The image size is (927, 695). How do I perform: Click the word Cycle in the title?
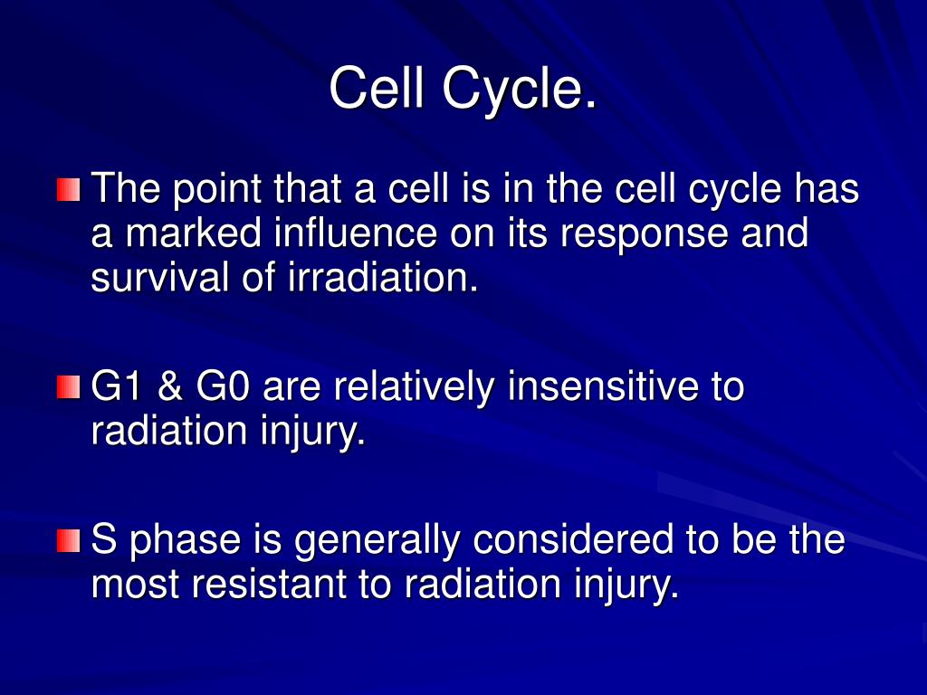pyautogui.click(x=519, y=90)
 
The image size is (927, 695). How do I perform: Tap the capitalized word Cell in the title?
pyautogui.click(x=377, y=87)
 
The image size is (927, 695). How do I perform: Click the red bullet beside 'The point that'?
pyautogui.click(x=69, y=190)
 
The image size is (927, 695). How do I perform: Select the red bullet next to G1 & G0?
pyautogui.click(x=69, y=387)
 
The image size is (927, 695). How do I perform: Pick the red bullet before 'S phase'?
pyautogui.click(x=69, y=541)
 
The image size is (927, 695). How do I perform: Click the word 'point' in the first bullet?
pyautogui.click(x=217, y=190)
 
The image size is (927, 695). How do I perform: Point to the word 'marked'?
pyautogui.click(x=194, y=233)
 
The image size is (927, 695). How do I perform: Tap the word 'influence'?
pyautogui.click(x=355, y=233)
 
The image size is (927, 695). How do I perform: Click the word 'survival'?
pyautogui.click(x=159, y=277)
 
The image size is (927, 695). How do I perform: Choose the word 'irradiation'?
pyautogui.click(x=383, y=277)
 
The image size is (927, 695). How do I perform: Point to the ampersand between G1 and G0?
pyautogui.click(x=169, y=386)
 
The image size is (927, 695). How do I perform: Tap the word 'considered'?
pyautogui.click(x=573, y=540)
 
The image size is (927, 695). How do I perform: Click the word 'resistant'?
pyautogui.click(x=269, y=584)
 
